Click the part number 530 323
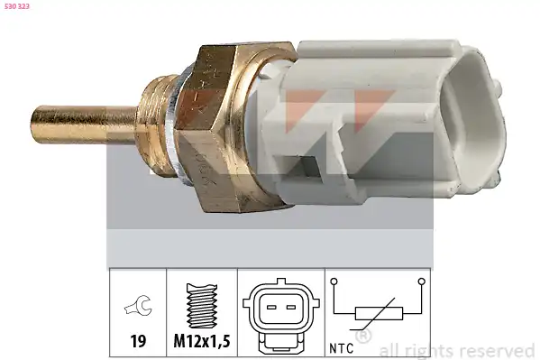click(17, 6)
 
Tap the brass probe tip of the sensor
click(84, 125)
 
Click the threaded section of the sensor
click(156, 127)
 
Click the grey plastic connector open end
click(475, 121)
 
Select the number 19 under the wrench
click(138, 341)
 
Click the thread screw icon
click(201, 306)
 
